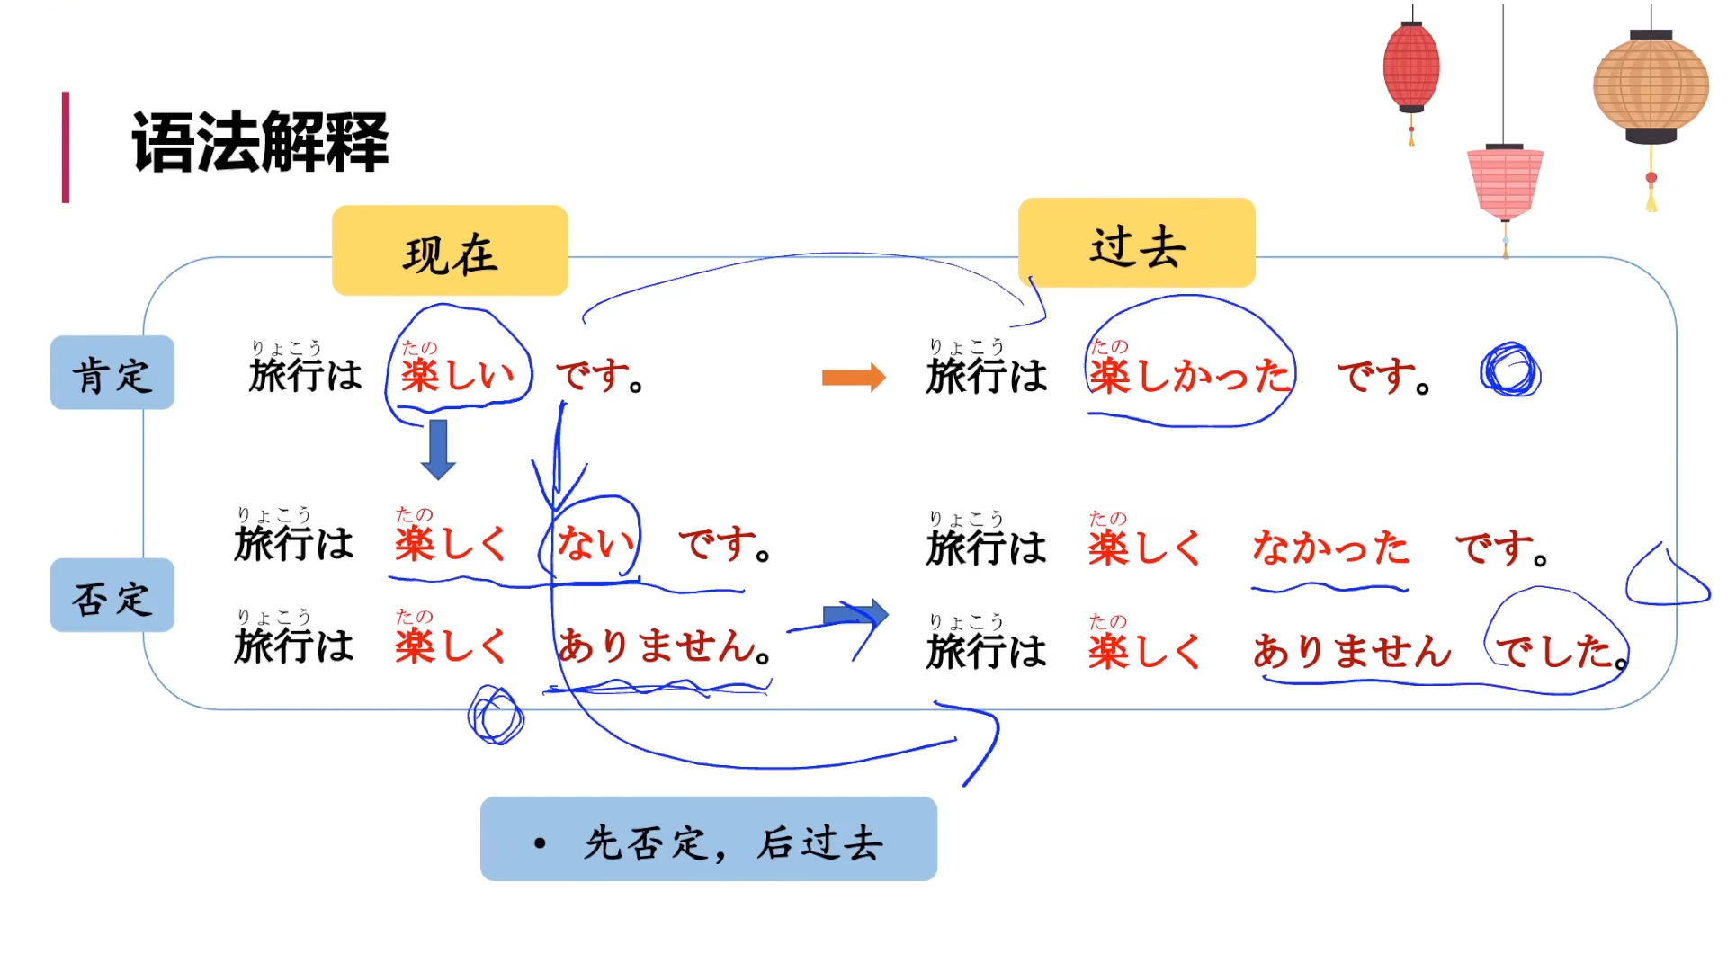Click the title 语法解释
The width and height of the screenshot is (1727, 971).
pyautogui.click(x=260, y=142)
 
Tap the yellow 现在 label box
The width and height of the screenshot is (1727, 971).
pyautogui.click(x=450, y=251)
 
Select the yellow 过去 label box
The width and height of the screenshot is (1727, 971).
pyautogui.click(x=1136, y=244)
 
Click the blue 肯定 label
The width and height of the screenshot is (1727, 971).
pyautogui.click(x=112, y=373)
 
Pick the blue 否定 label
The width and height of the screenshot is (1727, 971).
pyautogui.click(x=112, y=596)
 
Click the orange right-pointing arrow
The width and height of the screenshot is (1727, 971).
pyautogui.click(x=854, y=377)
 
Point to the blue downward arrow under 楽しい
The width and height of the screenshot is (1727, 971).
pyautogui.click(x=438, y=449)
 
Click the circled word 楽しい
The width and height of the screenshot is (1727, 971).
pyautogui.click(x=458, y=373)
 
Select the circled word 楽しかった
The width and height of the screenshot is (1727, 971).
pyautogui.click(x=1189, y=375)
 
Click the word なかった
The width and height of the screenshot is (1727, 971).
pyautogui.click(x=1330, y=547)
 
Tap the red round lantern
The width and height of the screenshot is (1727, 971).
pyautogui.click(x=1411, y=68)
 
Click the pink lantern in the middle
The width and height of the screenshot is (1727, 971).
pyautogui.click(x=1505, y=183)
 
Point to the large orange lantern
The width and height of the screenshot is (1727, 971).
pyautogui.click(x=1651, y=87)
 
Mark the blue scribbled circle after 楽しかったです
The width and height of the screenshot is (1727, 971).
pyautogui.click(x=1510, y=370)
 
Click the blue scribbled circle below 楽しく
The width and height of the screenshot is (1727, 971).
pyautogui.click(x=496, y=716)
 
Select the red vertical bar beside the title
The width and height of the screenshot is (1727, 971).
pyautogui.click(x=66, y=147)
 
